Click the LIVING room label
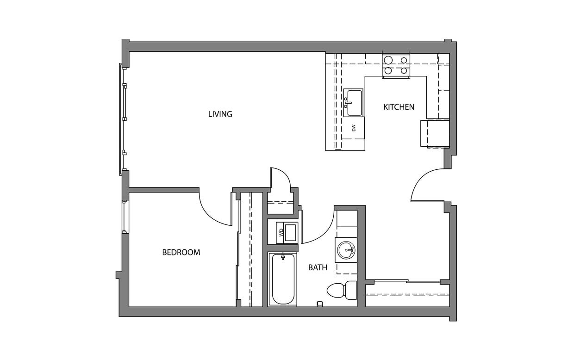[x=220, y=114]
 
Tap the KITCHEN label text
[x=399, y=107]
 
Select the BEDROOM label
[x=181, y=252]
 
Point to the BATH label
[x=318, y=267]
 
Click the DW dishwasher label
[x=354, y=128]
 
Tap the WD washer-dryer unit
[x=287, y=232]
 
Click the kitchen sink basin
[x=354, y=103]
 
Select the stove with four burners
[x=396, y=65]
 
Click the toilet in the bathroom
[x=342, y=290]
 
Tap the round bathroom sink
[x=346, y=250]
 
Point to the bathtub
[x=282, y=279]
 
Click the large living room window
[x=123, y=119]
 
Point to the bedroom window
[x=124, y=217]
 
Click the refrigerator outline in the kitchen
[x=435, y=133]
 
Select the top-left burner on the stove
[x=388, y=60]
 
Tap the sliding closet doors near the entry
[x=407, y=281]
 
